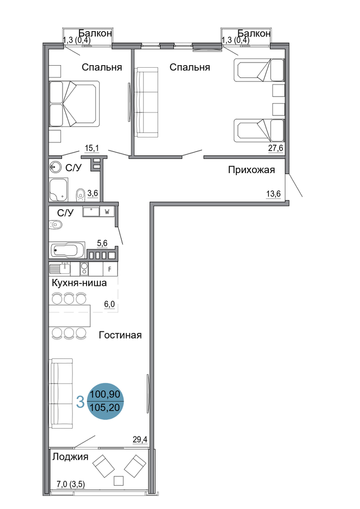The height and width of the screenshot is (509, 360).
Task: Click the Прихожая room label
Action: pos(251,170)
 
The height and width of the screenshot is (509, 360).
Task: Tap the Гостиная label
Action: pos(120,335)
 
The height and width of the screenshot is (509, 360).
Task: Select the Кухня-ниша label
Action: pos(79,282)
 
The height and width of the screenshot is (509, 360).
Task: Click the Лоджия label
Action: pos(70,457)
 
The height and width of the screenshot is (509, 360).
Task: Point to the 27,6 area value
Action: pos(275,148)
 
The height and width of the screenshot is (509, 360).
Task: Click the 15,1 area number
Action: pos(92,148)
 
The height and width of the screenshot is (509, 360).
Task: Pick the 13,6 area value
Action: pos(273,194)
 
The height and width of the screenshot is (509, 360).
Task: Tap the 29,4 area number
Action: pos(140,440)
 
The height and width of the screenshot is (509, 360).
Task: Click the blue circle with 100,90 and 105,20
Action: pos(105,401)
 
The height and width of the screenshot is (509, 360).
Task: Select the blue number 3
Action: pos(80,402)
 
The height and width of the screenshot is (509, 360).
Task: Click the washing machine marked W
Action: pos(107,212)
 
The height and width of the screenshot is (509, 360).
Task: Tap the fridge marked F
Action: pos(110,269)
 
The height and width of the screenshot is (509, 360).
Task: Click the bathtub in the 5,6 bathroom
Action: pos(67,250)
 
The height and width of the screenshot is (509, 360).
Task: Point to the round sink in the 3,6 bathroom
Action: pos(56,167)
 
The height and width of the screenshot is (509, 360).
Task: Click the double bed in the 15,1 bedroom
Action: pos(74,103)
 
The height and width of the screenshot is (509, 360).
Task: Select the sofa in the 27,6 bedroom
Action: pos(147,102)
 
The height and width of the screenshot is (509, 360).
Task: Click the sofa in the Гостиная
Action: pos(61,393)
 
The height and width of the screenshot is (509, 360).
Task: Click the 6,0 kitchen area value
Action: pos(109,305)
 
